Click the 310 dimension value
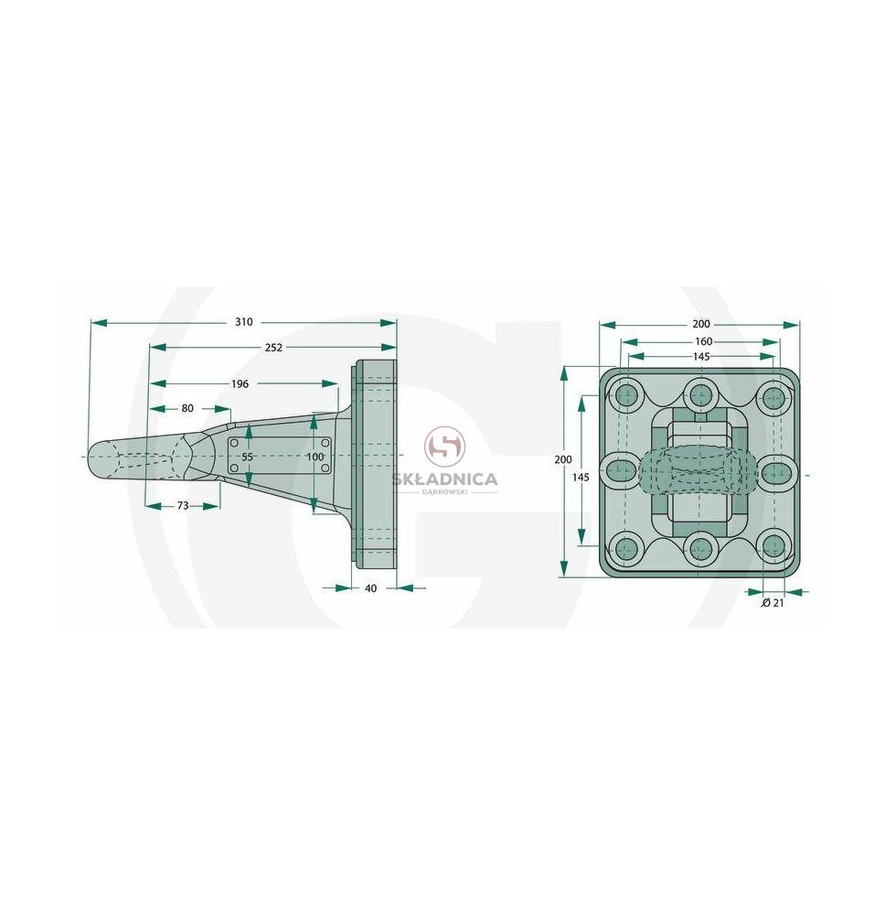[244, 321]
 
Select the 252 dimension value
[273, 347]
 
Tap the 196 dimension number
[240, 383]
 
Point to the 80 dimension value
[187, 408]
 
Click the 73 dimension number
[183, 505]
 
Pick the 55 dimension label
[247, 457]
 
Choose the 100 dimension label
[315, 457]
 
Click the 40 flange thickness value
[371, 588]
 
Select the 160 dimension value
[704, 341]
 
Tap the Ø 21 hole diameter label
[773, 603]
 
